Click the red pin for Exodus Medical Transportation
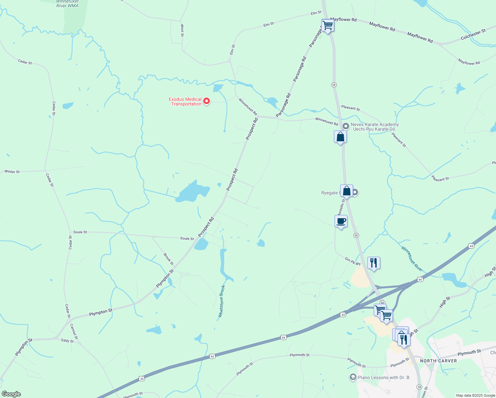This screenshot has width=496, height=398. [207, 101]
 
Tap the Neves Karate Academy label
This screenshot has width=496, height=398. [375, 127]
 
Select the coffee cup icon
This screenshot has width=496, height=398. [341, 221]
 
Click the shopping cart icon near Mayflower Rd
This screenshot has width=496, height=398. [328, 25]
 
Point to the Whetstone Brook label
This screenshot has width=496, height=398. [222, 301]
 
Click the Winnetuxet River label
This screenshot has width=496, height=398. [412, 259]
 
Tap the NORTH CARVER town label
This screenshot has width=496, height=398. [438, 361]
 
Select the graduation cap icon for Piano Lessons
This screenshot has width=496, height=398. [353, 377]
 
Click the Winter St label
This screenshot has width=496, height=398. [12, 172]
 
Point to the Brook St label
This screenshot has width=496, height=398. [168, 259]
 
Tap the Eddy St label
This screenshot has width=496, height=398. [67, 341]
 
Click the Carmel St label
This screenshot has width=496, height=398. [74, 332]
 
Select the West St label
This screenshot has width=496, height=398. [182, 30]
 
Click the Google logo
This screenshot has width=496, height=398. [11, 394]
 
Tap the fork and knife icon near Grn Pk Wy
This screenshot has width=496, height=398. [374, 263]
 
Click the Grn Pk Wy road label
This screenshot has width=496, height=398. [352, 261]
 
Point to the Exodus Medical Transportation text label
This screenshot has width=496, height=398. [185, 101]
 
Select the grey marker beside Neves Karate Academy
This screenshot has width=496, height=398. [346, 126]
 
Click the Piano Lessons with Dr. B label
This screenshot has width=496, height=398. [384, 377]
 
